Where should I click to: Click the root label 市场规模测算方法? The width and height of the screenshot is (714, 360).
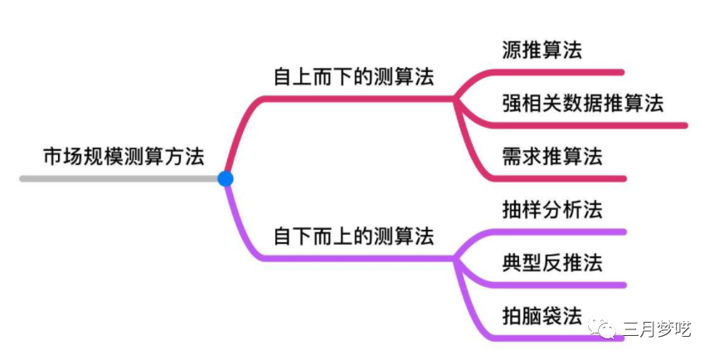[123, 156]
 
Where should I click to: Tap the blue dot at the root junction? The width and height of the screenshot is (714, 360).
[225, 178]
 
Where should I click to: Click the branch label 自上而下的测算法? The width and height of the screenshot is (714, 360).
[354, 76]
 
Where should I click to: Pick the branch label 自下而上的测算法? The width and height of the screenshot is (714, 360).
[354, 236]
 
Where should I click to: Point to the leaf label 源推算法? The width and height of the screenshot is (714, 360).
[542, 50]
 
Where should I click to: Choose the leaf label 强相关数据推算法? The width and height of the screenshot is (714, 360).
[583, 103]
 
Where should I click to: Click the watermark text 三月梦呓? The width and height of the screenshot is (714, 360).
[657, 328]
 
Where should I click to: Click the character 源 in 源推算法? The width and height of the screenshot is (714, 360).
[512, 50]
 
